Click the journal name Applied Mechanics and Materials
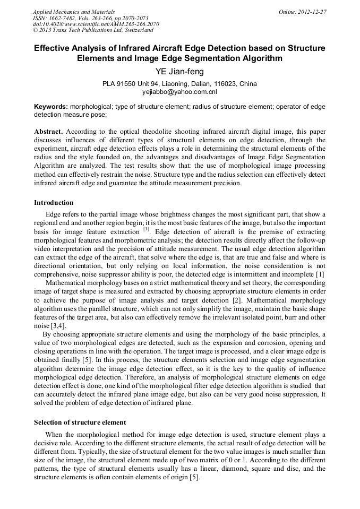[x=73, y=11]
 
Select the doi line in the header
[x=96, y=24]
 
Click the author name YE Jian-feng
[x=179, y=72]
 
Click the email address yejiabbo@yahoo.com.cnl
[x=179, y=91]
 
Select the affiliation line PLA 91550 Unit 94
[x=179, y=84]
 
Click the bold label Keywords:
[x=51, y=107]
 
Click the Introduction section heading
[x=54, y=203]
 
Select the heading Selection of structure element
[x=80, y=422]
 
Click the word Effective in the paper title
[x=54, y=48]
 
